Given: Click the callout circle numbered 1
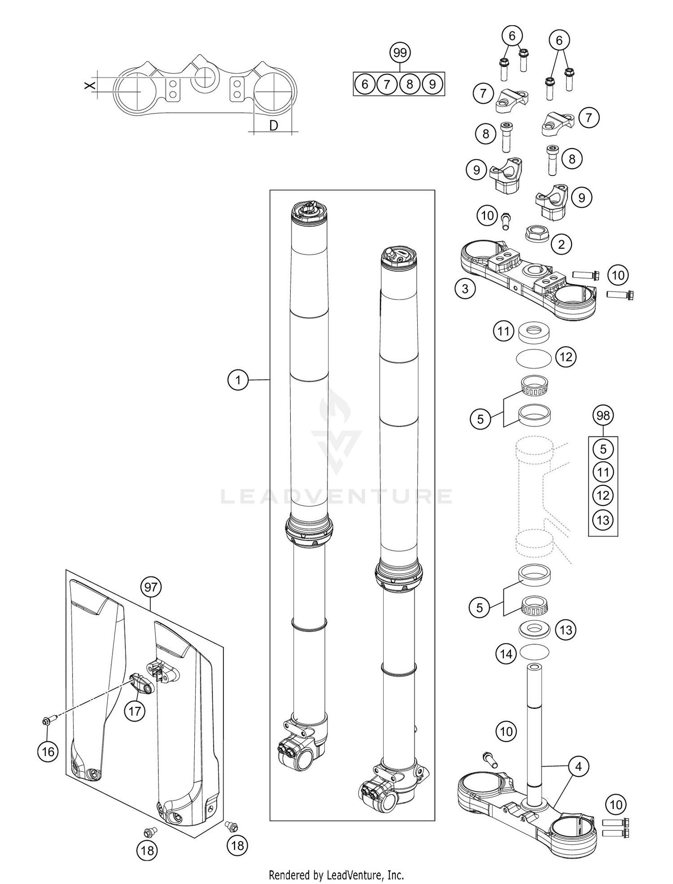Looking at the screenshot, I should click(238, 380).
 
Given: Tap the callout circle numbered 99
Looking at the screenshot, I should click(400, 53).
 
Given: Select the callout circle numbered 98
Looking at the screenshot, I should click(603, 415).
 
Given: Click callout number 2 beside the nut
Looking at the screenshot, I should click(561, 245).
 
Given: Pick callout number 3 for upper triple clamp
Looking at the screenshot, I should click(465, 289).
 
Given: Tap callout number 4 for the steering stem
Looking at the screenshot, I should click(578, 767).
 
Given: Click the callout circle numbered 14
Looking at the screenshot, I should click(506, 654).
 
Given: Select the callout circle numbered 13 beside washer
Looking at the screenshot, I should click(566, 630).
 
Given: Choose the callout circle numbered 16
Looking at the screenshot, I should click(48, 752).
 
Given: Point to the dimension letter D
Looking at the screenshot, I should click(274, 126).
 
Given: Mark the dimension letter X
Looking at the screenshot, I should click(88, 84).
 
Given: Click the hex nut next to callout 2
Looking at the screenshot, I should click(536, 233).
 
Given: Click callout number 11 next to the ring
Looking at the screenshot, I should click(503, 331).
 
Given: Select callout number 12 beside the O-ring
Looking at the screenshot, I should click(566, 357).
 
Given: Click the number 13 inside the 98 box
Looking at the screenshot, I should click(603, 520).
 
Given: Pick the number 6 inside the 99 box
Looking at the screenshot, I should click(365, 84).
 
